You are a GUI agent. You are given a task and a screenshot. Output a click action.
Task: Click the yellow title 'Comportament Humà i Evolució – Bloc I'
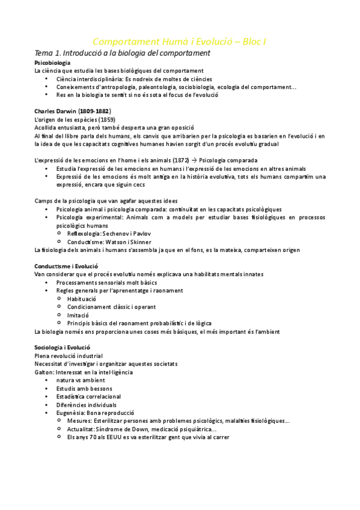(x=180, y=41)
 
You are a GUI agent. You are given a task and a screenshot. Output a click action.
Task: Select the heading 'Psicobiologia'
(x=52, y=63)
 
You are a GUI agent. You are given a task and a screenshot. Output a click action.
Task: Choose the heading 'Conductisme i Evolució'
(x=66, y=266)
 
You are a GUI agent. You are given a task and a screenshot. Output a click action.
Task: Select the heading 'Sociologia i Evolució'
(x=63, y=348)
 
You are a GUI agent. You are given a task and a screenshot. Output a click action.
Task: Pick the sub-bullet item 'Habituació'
(x=82, y=298)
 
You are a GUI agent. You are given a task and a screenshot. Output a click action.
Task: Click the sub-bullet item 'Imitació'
(x=78, y=315)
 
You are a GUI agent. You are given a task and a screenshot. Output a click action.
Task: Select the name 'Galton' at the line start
(x=44, y=372)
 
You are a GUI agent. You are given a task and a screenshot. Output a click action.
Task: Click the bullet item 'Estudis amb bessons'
(x=84, y=389)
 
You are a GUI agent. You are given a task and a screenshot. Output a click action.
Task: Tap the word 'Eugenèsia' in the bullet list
(x=71, y=413)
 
